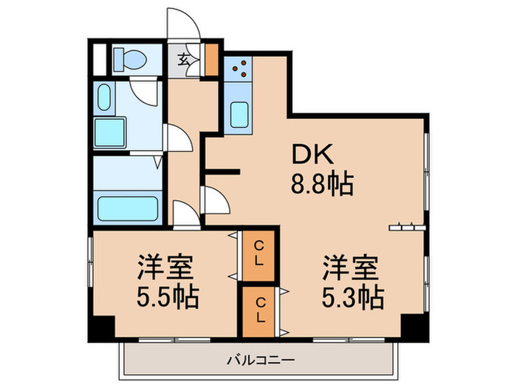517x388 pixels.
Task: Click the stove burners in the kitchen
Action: (239, 69)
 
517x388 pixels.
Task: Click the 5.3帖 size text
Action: (351, 297)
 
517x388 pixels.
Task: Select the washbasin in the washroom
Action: (103, 95)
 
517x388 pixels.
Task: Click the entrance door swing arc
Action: (181, 22)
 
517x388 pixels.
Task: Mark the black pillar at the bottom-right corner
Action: (414, 325)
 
